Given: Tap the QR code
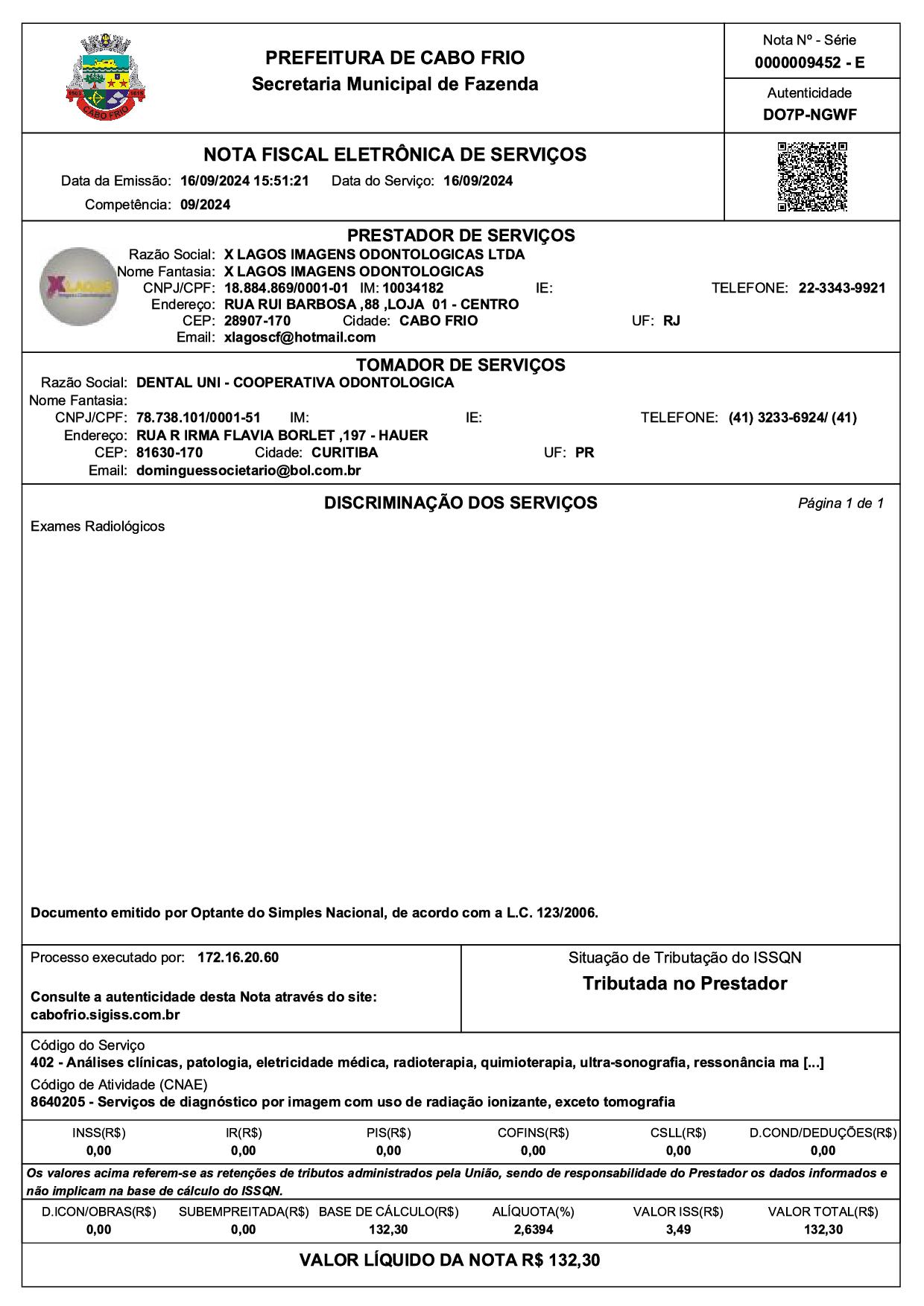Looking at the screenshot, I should tap(812, 176).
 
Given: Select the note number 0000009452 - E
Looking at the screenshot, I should tap(810, 63).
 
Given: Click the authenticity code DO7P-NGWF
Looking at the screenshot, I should tap(810, 115).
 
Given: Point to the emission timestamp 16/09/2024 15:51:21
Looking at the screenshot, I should tap(244, 181).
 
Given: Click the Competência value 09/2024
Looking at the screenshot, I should tap(205, 205).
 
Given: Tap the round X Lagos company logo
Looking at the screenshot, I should tap(79, 287).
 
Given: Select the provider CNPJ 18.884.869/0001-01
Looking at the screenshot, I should tap(286, 288).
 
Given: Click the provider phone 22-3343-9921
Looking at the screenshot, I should tap(842, 288).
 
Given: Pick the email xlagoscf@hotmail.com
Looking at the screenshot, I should tap(300, 337).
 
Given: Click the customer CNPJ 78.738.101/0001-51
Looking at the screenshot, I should tap(198, 418).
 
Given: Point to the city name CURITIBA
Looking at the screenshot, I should tap(344, 453).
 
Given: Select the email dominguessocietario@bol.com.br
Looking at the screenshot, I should tap(249, 471).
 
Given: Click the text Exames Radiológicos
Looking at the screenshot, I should tap(98, 526).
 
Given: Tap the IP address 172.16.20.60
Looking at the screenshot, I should tap(238, 958).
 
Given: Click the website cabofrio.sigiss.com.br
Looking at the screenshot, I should tap(105, 1015).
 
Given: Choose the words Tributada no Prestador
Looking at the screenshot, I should tap(685, 984).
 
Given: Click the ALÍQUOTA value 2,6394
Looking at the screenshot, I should tap(533, 1229).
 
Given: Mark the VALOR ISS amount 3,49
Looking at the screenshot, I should tap(678, 1229).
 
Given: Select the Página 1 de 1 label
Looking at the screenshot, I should tap(841, 503).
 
